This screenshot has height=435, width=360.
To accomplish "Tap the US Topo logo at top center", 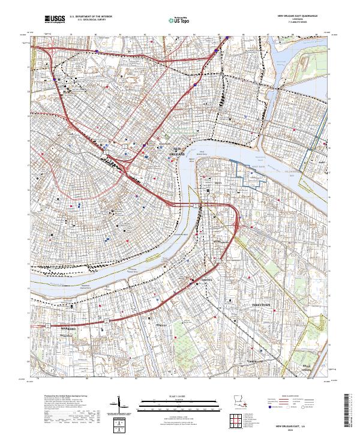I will tap(179, 20).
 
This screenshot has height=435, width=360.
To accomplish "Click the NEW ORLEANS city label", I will tap(178, 152).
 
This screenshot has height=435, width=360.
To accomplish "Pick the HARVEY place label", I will tap(144, 325).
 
